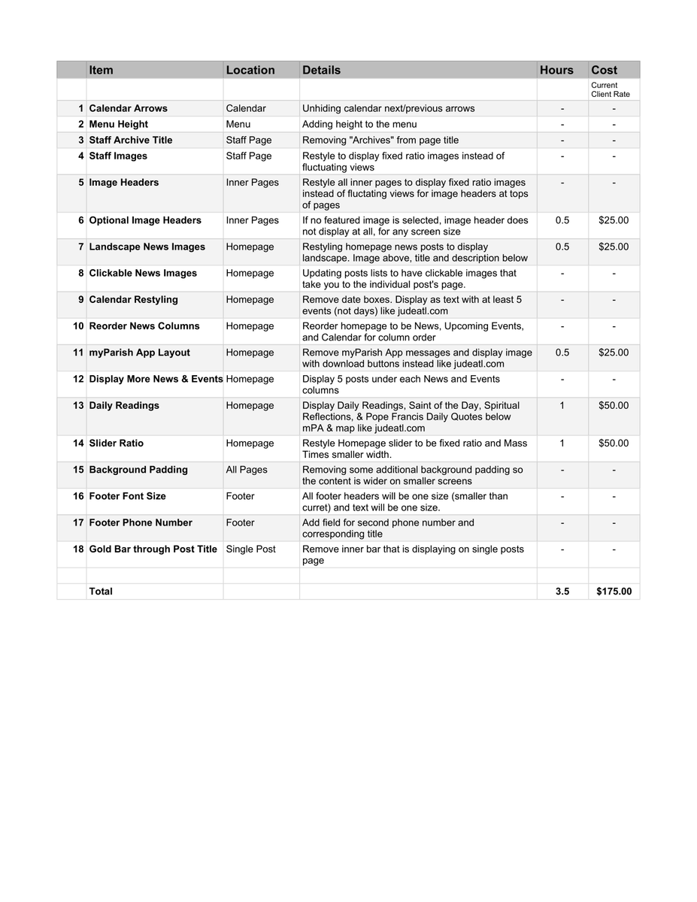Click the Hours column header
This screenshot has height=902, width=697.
pos(556,70)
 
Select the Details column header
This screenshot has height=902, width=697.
pos(321,70)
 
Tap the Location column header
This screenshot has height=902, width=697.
pos(250,70)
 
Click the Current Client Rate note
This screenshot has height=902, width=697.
pos(610,90)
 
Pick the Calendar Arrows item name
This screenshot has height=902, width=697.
pos(128,108)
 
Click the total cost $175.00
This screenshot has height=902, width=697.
pos(614,592)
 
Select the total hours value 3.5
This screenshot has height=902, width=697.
pos(562,592)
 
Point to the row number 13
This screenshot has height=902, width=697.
pos(78,406)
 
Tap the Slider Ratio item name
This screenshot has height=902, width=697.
pos(116,443)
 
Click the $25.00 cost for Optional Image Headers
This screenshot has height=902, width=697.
pos(614,220)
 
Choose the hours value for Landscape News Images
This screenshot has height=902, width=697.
pos(562,247)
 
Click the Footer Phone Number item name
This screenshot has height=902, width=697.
pos(141,522)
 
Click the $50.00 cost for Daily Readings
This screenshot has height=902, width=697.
pos(614,406)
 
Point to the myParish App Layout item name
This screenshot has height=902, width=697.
pos(139,353)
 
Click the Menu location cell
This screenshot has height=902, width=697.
pos(238,124)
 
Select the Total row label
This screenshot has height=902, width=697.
pos(101,592)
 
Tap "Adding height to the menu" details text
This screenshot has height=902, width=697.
pos(359,124)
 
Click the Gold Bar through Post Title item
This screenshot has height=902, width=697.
pos(153,549)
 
